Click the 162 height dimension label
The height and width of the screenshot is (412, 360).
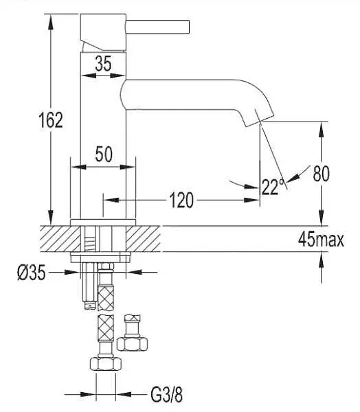[51, 120]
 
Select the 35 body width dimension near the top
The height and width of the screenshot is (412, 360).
[103, 64]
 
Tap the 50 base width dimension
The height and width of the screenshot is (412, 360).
[104, 154]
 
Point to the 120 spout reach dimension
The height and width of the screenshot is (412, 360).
[181, 201]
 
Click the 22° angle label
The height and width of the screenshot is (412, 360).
[273, 187]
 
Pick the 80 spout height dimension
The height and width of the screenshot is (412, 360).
[321, 174]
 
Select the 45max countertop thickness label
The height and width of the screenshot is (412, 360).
[321, 240]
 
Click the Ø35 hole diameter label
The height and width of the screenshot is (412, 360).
[32, 273]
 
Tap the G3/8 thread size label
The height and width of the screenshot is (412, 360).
[167, 394]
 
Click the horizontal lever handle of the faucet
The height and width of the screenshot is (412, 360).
[157, 27]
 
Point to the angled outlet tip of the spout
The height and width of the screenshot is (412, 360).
[259, 122]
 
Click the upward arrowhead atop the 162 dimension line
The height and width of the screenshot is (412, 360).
[50, 23]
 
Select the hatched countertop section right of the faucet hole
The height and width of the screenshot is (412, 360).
[143, 238]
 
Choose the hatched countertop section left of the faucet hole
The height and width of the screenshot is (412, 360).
[60, 238]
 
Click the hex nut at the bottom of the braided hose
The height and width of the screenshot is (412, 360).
[105, 363]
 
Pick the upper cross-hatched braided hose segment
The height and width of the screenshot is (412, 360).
[106, 298]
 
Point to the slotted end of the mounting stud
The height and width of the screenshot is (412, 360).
[89, 305]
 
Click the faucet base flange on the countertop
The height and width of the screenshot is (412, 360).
[103, 222]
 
